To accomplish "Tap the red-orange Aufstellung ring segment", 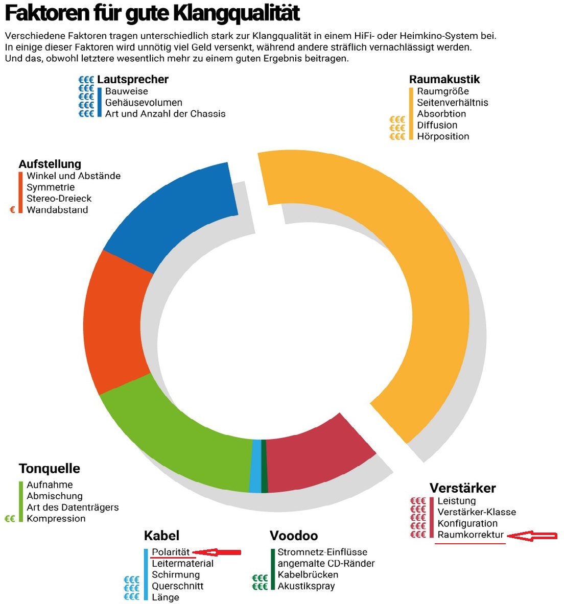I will click(118, 322).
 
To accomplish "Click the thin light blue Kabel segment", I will click(255, 466).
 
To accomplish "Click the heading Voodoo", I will click(294, 536).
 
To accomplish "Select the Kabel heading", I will click(161, 536).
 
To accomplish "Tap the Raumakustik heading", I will click(444, 79).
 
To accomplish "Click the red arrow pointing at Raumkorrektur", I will click(534, 536).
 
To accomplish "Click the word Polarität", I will click(171, 552).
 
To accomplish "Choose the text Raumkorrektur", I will click(471, 535).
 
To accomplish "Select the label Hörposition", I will click(443, 136).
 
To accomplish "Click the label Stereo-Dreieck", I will click(59, 199).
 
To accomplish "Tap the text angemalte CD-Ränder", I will click(326, 563).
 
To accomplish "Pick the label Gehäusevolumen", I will click(144, 103).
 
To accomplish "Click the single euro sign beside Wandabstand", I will click(13, 209).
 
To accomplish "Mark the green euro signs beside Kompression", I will click(10, 519).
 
